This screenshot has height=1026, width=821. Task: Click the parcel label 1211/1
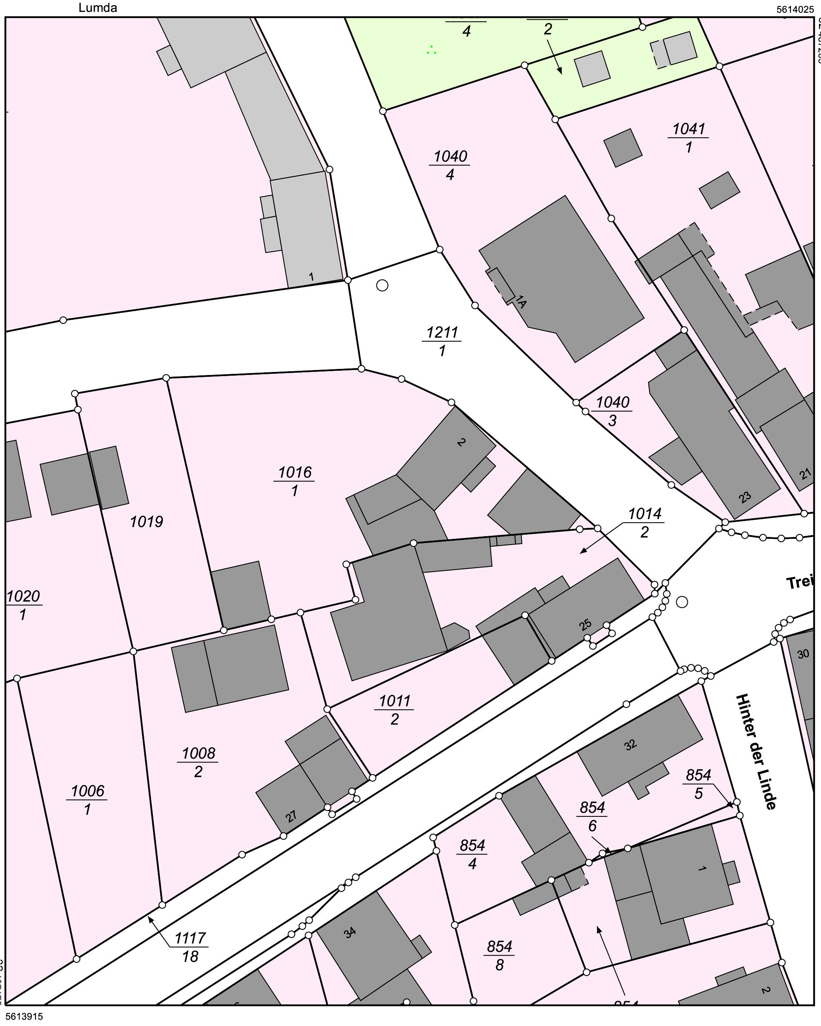point(442,341)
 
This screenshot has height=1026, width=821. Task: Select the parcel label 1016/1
point(295,481)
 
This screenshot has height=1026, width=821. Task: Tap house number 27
point(291,816)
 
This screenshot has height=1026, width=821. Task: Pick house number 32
point(630,745)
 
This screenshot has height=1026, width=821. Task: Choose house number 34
point(350,933)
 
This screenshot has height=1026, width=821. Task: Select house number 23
point(745,497)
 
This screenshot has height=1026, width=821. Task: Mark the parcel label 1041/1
point(689,138)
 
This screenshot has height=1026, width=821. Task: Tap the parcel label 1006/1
point(88,800)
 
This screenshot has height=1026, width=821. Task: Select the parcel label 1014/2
point(645,523)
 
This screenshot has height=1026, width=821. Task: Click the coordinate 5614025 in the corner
point(795,9)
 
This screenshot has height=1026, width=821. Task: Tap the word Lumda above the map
point(98,8)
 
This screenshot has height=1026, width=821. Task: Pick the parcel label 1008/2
point(199,762)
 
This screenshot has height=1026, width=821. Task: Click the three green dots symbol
point(431,50)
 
